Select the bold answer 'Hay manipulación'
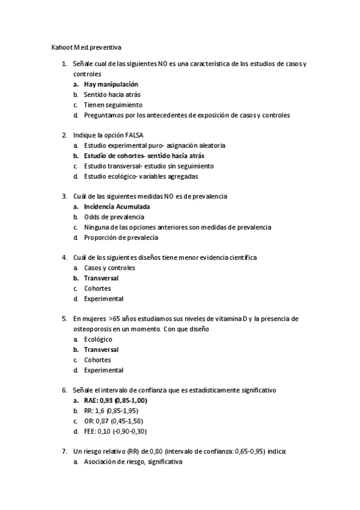pos(111,84)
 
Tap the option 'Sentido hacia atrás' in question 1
pos(112,94)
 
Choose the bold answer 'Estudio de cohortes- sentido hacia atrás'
pos(144,156)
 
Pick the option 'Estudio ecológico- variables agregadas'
pos(141,176)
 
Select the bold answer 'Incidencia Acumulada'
pos(117,207)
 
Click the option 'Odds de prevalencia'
pos(114,217)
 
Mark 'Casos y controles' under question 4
pos(109,268)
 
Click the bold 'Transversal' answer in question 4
pos(101,278)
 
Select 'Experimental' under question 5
pos(103,370)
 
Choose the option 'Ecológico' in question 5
pos(98,339)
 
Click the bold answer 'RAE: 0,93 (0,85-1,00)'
pos(115,401)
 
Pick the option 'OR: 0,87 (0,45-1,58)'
pos(114,421)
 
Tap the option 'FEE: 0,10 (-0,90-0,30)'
pos(115,431)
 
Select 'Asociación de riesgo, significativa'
pos(133,462)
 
